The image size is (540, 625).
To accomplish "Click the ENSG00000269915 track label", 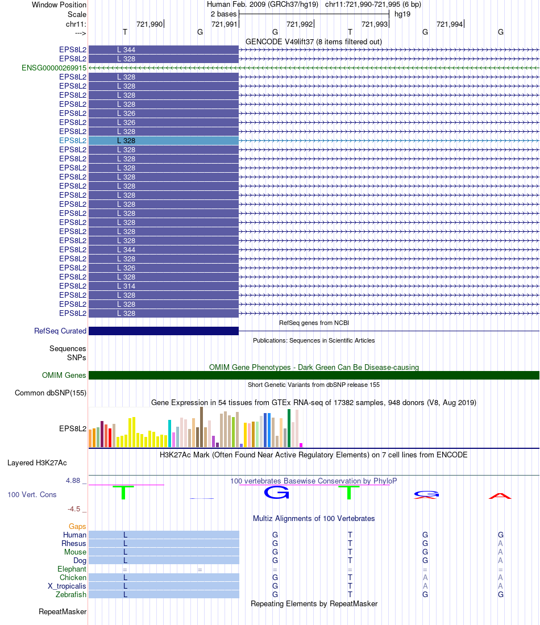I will [x=54, y=68].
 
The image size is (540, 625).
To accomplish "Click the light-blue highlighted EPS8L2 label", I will [x=73, y=140].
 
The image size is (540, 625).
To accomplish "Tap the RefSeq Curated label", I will [x=60, y=331].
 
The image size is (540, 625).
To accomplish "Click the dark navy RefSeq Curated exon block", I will [x=164, y=331].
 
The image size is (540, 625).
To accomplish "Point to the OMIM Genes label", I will [x=64, y=376].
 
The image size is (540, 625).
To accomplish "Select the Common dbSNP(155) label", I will [x=51, y=393].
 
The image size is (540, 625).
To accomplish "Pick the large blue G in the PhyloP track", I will [x=276, y=493].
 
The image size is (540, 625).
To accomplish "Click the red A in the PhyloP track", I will [x=500, y=496].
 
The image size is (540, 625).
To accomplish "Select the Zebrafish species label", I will [x=71, y=595].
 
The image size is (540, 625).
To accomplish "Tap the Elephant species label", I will [x=72, y=569].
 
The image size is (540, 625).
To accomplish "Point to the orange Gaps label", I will [x=77, y=527].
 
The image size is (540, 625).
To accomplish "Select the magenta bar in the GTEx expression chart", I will [x=301, y=445].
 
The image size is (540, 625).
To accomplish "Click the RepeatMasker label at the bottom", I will [x=63, y=612].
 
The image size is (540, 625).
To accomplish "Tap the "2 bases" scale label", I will [x=223, y=14].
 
